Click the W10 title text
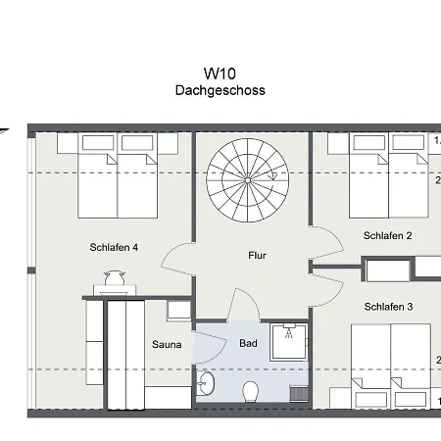[220, 73]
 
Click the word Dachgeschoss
[220, 90]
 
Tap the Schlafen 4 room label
[114, 247]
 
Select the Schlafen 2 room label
[387, 236]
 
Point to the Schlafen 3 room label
[388, 307]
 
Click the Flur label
[257, 256]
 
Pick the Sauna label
[166, 344]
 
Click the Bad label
[248, 343]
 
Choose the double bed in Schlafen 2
[389, 176]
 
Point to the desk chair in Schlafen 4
[114, 278]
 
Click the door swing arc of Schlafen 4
[176, 260]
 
